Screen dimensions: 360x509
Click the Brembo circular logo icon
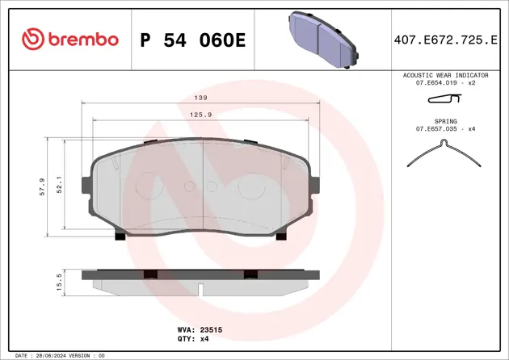point(32,40)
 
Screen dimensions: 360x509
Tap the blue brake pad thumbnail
point(322,38)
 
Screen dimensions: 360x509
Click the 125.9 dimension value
point(200,115)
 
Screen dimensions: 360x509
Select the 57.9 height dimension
point(41,186)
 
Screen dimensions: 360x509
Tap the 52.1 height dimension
point(58,186)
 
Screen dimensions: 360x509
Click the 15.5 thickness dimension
point(58,282)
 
